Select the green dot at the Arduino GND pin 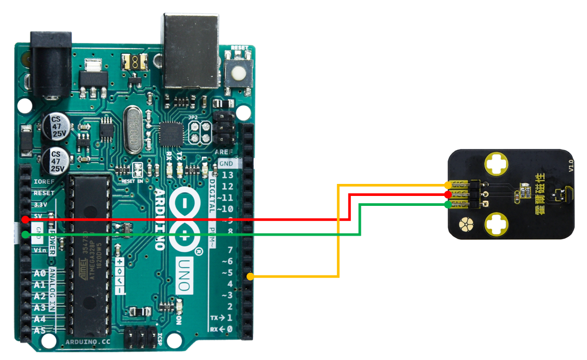25,235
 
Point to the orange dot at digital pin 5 251,276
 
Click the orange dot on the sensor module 448,185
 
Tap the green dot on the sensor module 448,205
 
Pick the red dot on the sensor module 448,195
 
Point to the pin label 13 227,175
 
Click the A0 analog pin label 40,274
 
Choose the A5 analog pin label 40,330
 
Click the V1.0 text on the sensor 570,166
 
